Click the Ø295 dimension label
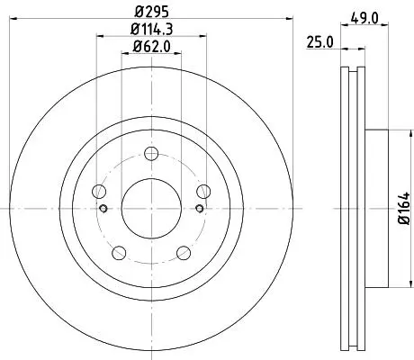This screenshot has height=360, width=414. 152,12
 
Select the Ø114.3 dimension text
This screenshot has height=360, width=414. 152,29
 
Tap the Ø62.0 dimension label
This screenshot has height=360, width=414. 152,47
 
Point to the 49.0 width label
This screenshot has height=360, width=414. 364,19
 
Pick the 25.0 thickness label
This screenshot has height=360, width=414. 319,42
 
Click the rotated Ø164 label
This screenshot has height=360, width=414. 404,208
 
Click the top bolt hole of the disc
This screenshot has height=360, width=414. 151,154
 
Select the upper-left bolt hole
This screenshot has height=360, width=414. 99,192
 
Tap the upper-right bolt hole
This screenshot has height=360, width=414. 203,192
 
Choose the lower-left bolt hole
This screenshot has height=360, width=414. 119,253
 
